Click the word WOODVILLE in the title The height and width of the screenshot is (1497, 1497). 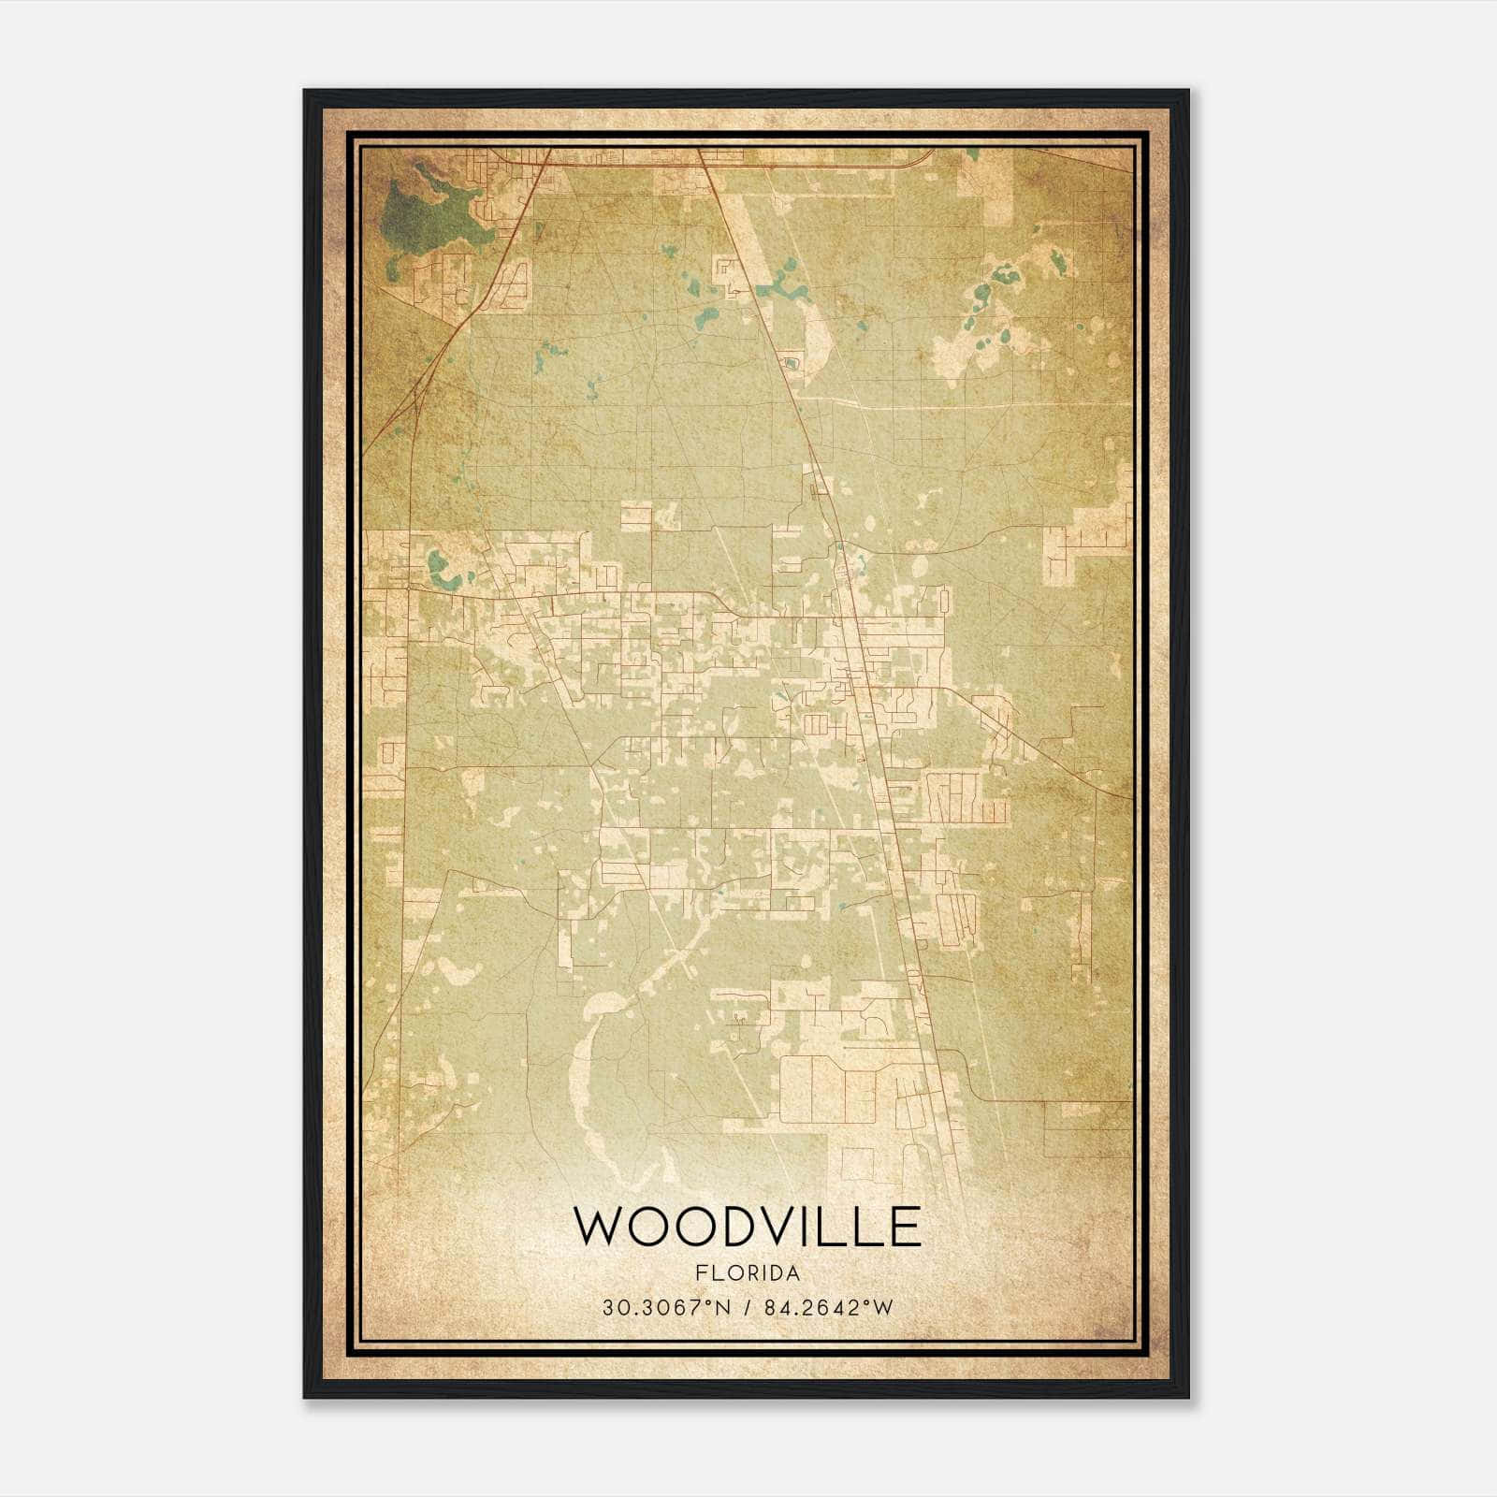pyautogui.click(x=747, y=1227)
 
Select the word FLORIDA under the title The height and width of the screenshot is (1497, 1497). pyautogui.click(x=748, y=1273)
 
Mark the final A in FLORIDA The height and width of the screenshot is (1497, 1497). pyautogui.click(x=793, y=1273)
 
